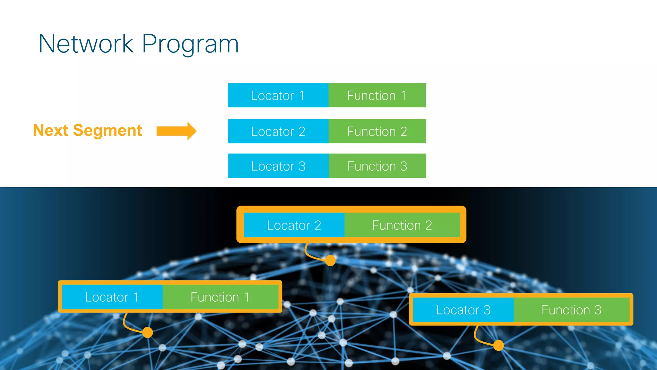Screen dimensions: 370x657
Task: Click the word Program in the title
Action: (190, 44)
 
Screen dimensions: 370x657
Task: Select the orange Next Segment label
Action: (88, 130)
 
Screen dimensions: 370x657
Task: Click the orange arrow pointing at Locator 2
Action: (176, 131)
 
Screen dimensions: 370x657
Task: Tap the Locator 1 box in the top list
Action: (278, 95)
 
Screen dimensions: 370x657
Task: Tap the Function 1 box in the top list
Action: (377, 95)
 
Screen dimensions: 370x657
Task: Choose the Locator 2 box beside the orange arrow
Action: (278, 131)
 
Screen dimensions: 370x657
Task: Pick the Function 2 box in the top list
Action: (377, 131)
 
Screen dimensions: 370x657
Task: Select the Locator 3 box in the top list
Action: (278, 166)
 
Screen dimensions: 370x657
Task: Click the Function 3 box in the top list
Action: (377, 166)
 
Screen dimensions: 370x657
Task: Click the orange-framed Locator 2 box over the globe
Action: (294, 225)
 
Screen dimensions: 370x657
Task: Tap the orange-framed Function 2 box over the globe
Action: (402, 225)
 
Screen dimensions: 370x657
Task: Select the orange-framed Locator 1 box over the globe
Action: (112, 297)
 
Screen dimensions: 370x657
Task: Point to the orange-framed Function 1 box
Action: (220, 297)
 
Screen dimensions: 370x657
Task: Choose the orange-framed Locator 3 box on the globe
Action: (463, 310)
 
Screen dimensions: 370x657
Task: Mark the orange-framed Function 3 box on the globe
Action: (571, 310)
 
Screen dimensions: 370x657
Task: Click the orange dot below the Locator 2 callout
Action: (330, 260)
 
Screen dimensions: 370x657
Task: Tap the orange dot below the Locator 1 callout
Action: (148, 332)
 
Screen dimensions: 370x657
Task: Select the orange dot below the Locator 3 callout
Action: (499, 345)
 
